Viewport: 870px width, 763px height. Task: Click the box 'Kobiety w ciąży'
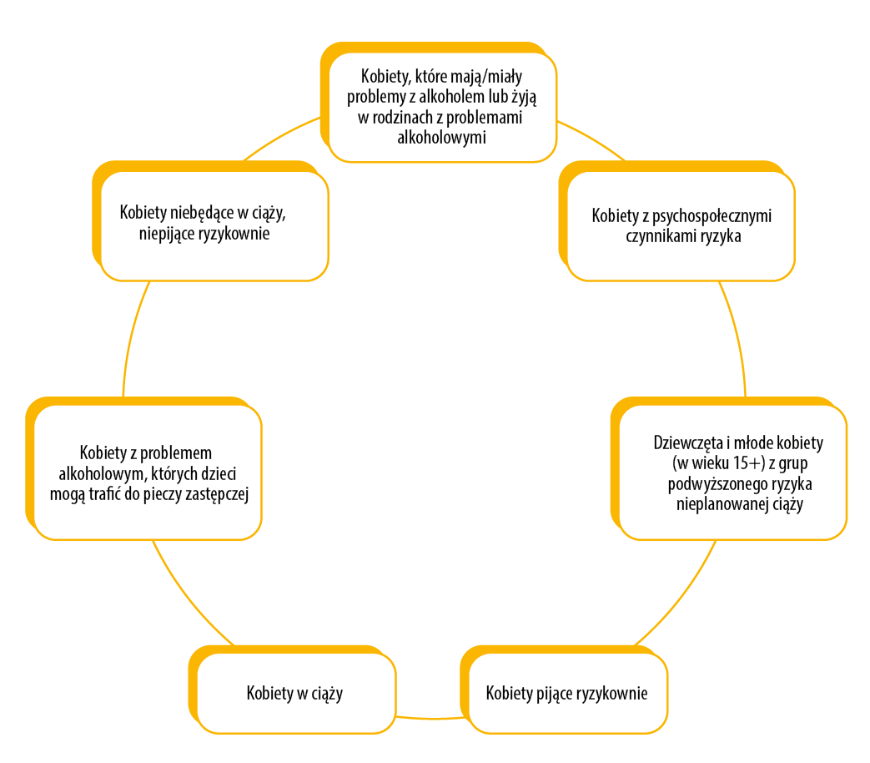[x=294, y=693]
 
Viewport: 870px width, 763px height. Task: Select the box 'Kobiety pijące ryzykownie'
[x=566, y=693]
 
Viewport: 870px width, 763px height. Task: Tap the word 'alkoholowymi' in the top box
[x=442, y=136]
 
